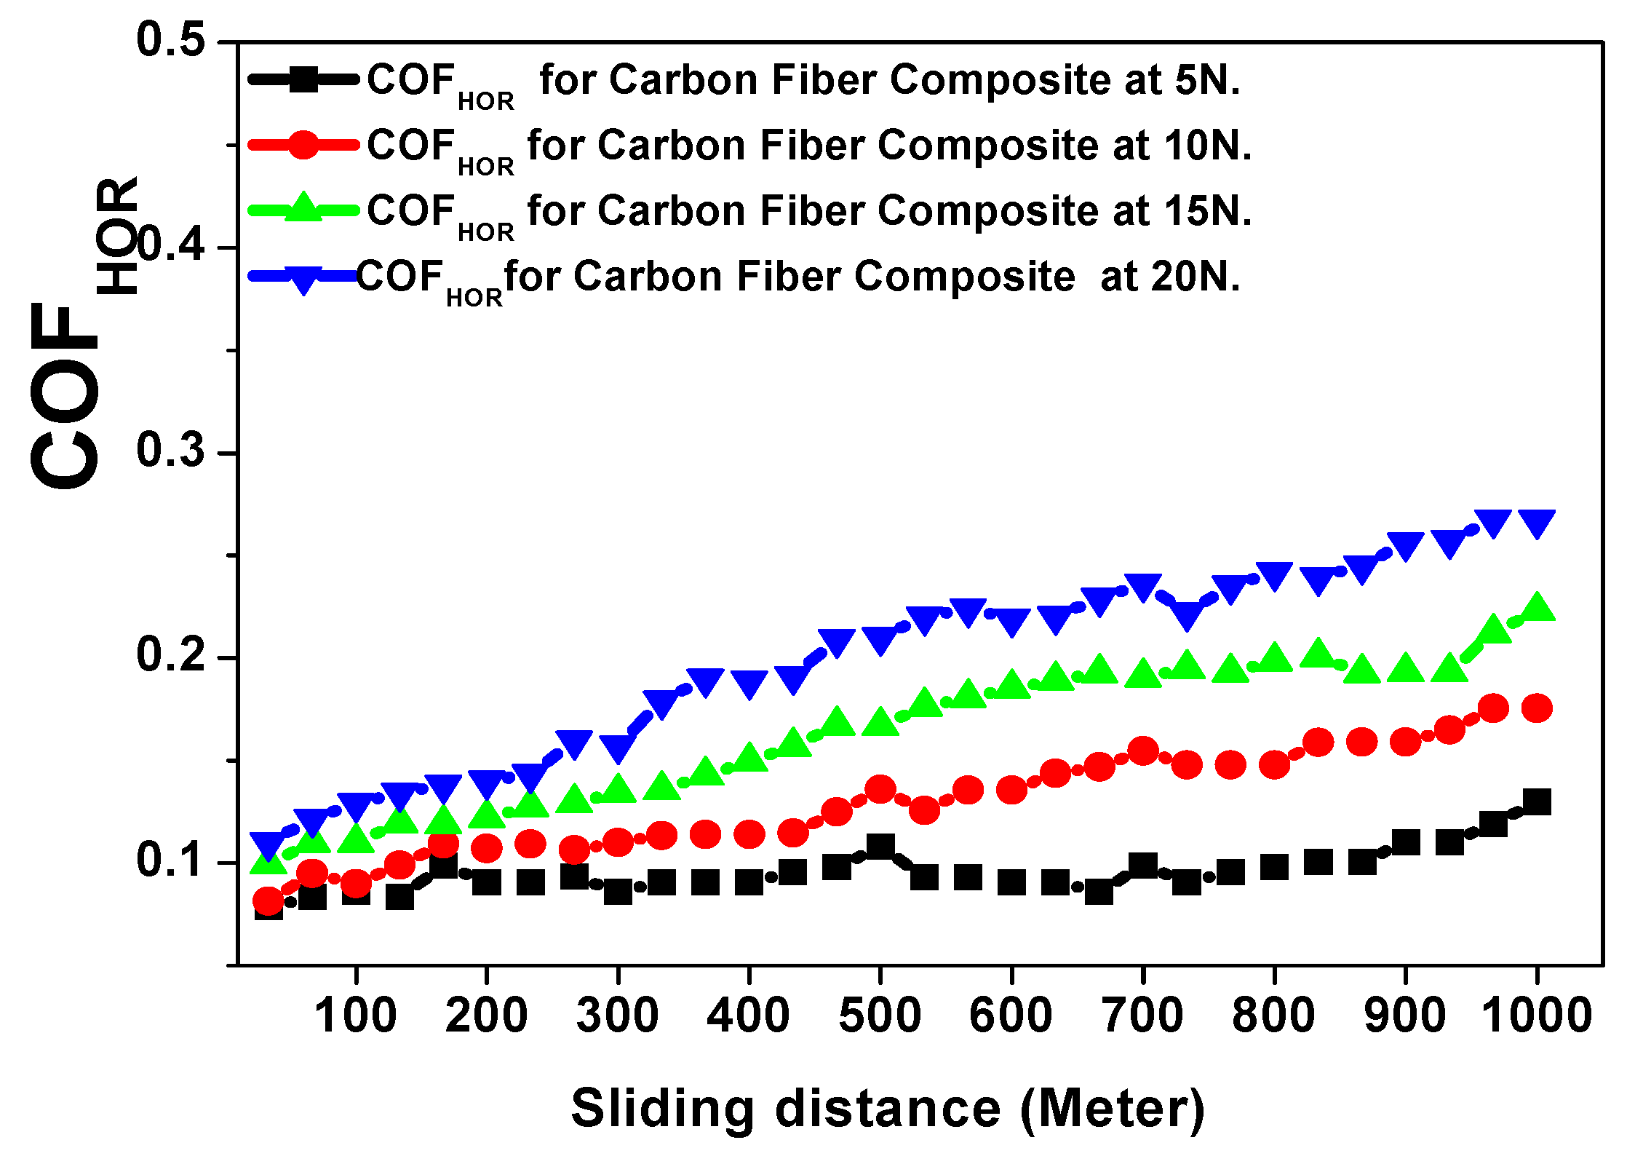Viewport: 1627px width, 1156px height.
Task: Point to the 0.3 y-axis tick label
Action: point(170,451)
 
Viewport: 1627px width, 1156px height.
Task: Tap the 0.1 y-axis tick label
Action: point(170,860)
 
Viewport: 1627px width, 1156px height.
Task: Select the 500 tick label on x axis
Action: point(880,1016)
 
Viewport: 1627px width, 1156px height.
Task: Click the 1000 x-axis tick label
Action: point(1537,1016)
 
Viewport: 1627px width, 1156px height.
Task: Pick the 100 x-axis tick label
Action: point(355,1016)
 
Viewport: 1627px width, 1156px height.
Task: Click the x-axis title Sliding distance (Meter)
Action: point(888,1109)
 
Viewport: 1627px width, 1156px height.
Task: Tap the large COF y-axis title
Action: point(65,397)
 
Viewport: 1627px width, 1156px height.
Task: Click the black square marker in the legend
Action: point(303,79)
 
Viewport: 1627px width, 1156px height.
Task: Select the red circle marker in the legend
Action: point(303,145)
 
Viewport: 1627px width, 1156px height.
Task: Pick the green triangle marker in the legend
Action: point(303,208)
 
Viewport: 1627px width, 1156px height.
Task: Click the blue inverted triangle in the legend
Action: point(303,279)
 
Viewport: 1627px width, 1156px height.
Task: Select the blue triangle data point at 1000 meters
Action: point(1537,521)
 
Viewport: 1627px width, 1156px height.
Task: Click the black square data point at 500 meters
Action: point(880,847)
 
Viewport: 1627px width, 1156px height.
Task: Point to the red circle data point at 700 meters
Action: point(1142,751)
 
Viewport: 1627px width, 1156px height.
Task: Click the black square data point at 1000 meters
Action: point(1537,802)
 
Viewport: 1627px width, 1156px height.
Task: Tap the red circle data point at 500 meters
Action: point(880,789)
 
